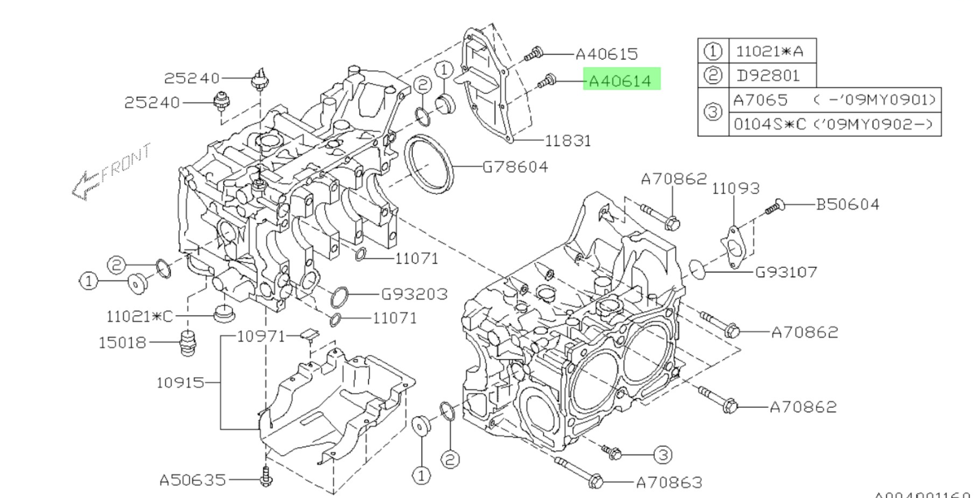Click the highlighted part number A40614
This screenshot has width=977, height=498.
(620, 80)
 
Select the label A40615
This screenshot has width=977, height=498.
(607, 54)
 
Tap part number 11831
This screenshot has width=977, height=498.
(568, 140)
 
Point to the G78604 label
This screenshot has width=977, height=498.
(516, 167)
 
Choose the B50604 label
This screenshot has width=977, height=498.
(848, 204)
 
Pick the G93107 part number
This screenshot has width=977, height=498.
(786, 272)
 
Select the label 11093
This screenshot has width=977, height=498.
(736, 188)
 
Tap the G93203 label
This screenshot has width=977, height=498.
(415, 294)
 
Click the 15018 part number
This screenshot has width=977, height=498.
(123, 342)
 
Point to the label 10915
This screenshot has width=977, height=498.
(180, 383)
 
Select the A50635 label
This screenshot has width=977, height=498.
(192, 480)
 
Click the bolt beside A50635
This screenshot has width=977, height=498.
(266, 477)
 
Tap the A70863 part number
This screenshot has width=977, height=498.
(669, 483)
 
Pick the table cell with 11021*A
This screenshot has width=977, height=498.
(769, 51)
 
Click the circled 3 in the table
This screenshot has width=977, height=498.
(712, 112)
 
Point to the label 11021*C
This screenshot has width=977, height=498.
(139, 316)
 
